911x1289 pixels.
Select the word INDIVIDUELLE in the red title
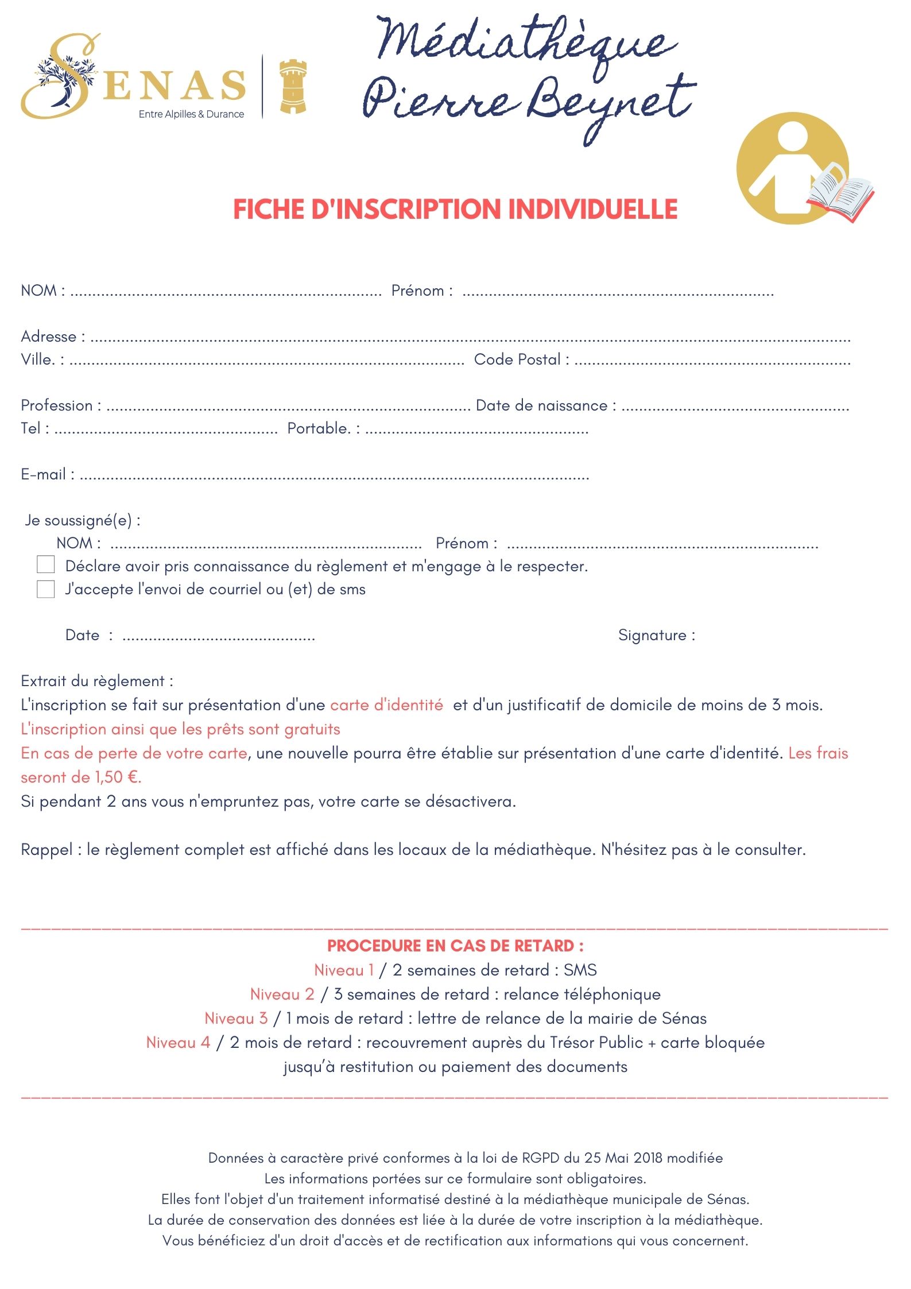(593, 209)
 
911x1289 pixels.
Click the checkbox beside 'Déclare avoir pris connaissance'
(45, 564)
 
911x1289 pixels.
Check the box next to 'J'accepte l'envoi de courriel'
(45, 589)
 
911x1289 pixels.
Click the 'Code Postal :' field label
(521, 359)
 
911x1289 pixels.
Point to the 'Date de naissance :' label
(546, 405)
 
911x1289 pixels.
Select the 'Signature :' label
(656, 635)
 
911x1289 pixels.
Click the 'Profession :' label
(61, 405)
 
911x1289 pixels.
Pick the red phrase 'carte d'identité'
(386, 705)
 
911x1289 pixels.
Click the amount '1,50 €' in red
(117, 777)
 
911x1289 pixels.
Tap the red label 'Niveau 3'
(236, 1018)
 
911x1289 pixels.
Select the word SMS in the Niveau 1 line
(580, 970)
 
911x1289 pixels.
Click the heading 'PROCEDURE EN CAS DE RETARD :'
(455, 946)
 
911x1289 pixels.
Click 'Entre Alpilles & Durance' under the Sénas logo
(191, 114)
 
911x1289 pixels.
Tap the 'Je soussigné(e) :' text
(82, 520)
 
